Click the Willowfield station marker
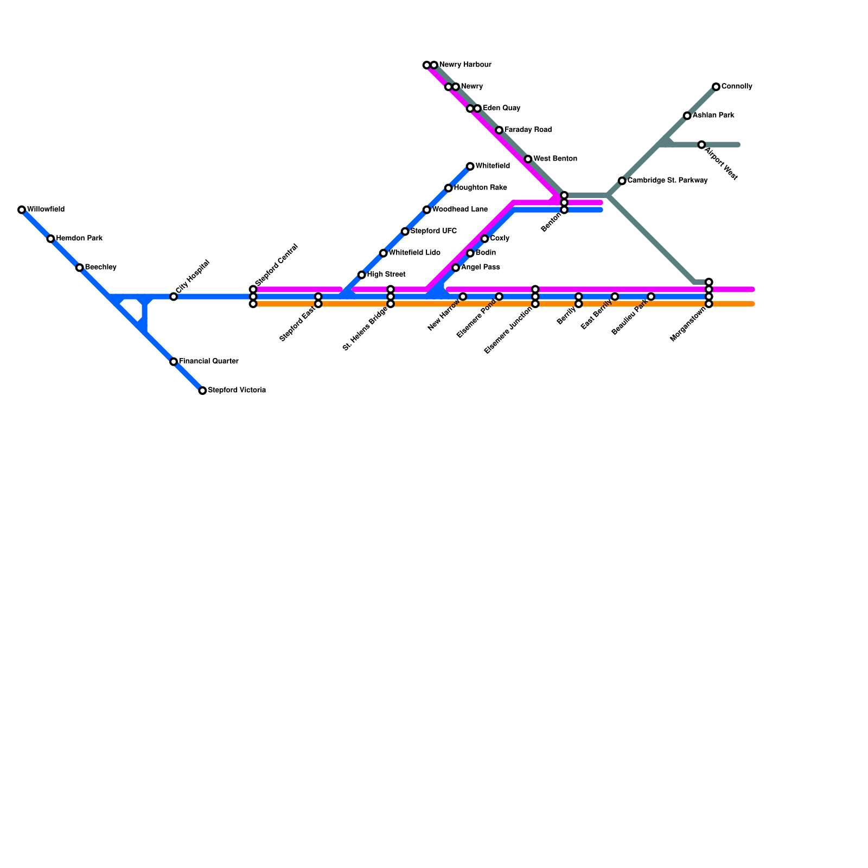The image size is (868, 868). point(22,210)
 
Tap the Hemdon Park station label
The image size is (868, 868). point(79,239)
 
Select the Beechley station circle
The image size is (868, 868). point(80,268)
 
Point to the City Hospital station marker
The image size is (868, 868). point(174,297)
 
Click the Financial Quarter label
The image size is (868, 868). point(208,361)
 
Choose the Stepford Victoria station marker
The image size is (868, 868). point(202,391)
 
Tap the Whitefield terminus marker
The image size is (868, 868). point(470,167)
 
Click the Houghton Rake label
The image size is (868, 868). point(480,188)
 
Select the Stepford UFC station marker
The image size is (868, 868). point(405,232)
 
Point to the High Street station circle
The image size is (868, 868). point(362,275)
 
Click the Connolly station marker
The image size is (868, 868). point(716,87)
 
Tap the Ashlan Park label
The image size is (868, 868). point(713,116)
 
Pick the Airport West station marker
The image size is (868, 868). point(701,145)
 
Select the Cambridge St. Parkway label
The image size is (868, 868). point(667,181)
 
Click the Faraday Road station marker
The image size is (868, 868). point(499,130)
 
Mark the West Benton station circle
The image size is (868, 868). point(528,159)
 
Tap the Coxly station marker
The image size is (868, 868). point(484,239)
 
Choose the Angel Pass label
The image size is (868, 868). point(480,267)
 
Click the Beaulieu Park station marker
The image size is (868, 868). point(651,297)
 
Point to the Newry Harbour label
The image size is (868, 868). point(465,65)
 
